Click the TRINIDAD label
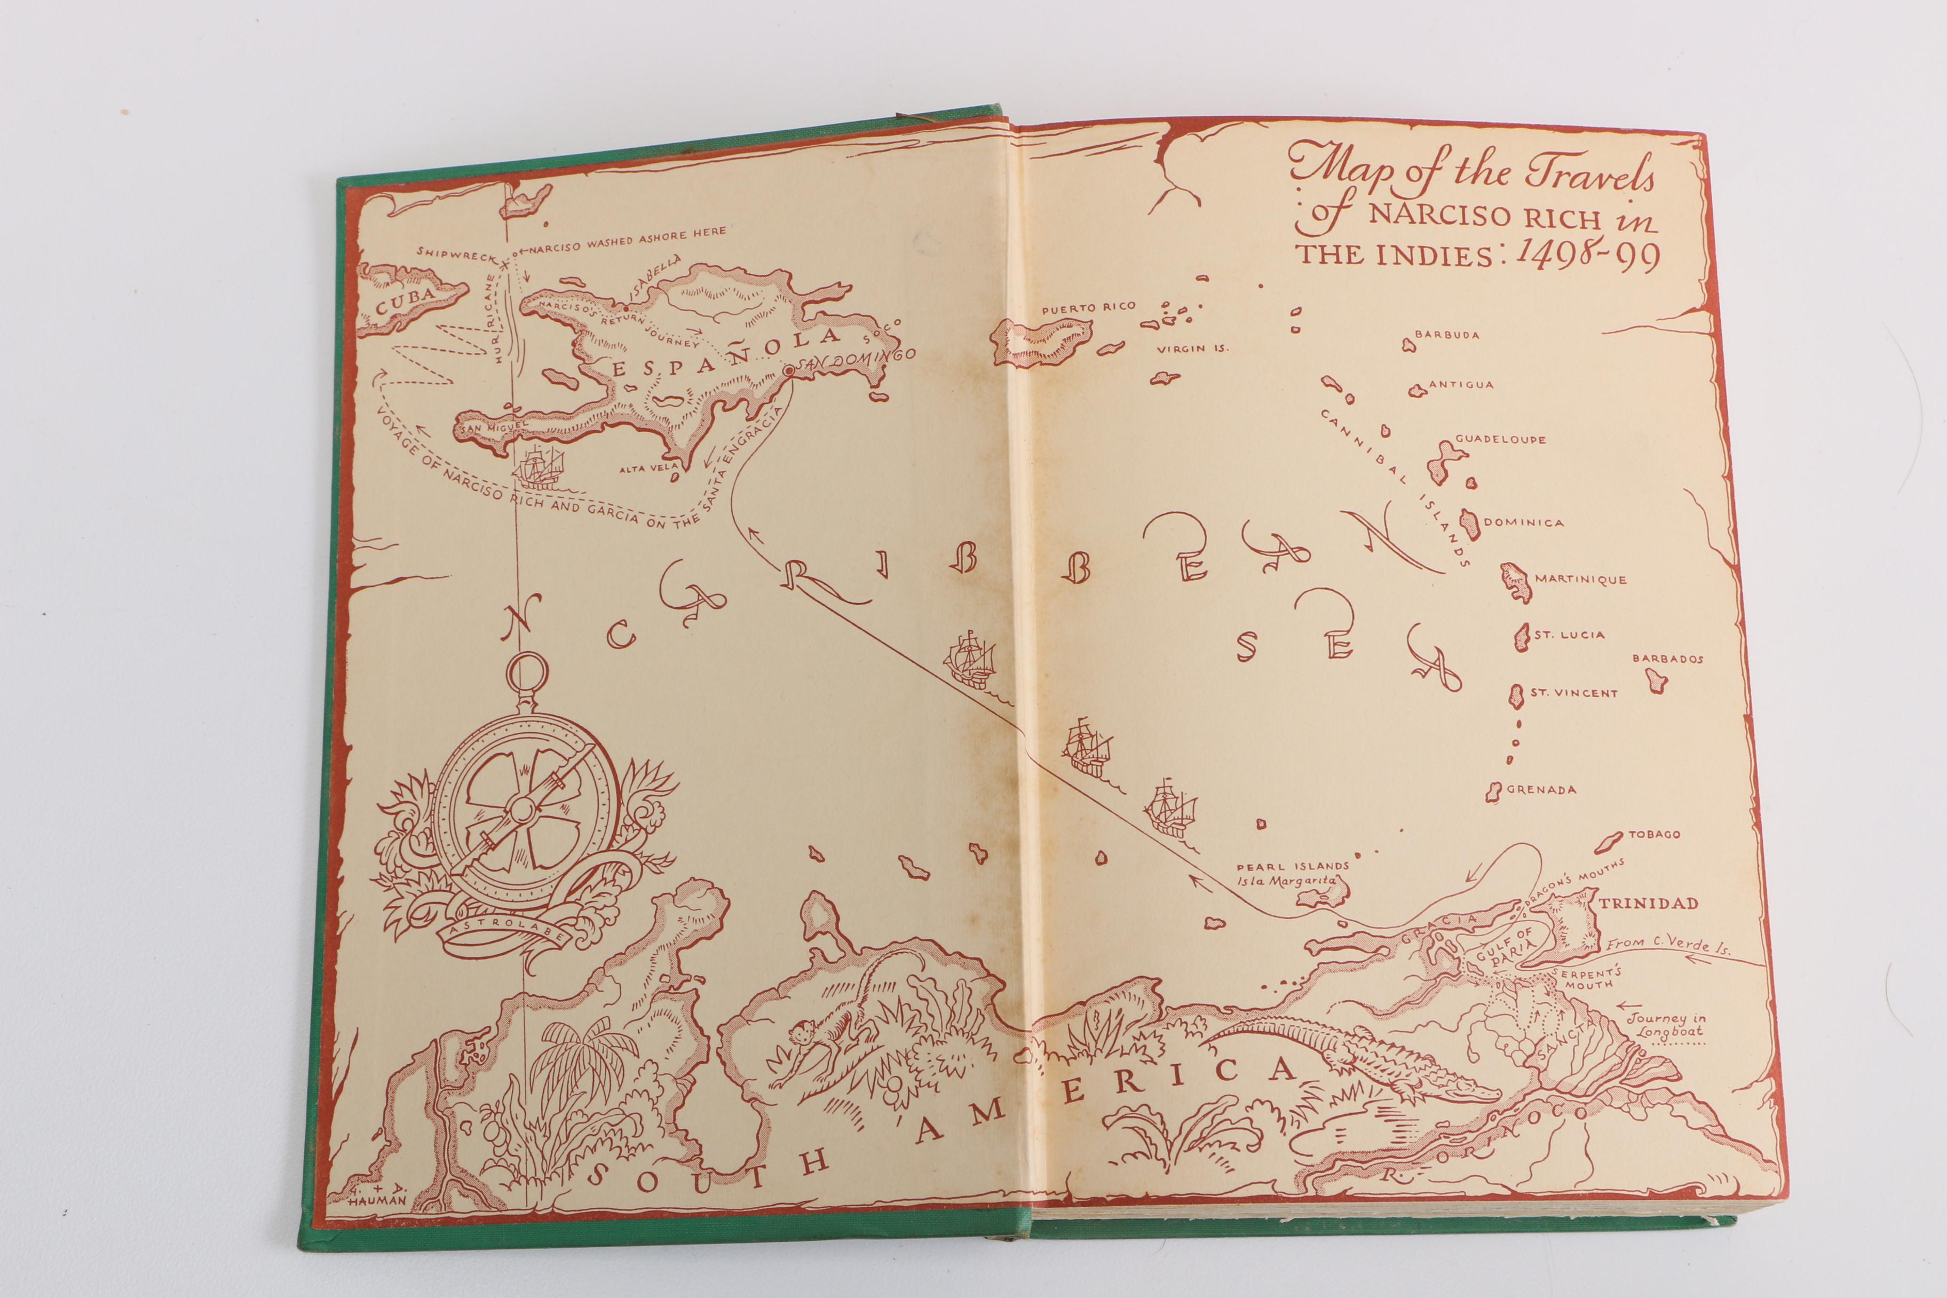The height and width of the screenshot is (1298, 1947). pyautogui.click(x=1648, y=903)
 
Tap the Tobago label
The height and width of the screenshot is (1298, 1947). pyautogui.click(x=1654, y=834)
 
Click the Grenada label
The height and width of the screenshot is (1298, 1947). pyautogui.click(x=1540, y=790)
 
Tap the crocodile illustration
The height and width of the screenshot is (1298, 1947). pyautogui.click(x=1349, y=1059)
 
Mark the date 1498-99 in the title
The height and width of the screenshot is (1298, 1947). pyautogui.click(x=1585, y=257)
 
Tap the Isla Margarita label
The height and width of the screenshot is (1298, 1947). pyautogui.click(x=1287, y=881)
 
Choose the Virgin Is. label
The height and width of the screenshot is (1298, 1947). pyautogui.click(x=1192, y=349)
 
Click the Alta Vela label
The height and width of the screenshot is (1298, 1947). pyautogui.click(x=643, y=469)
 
